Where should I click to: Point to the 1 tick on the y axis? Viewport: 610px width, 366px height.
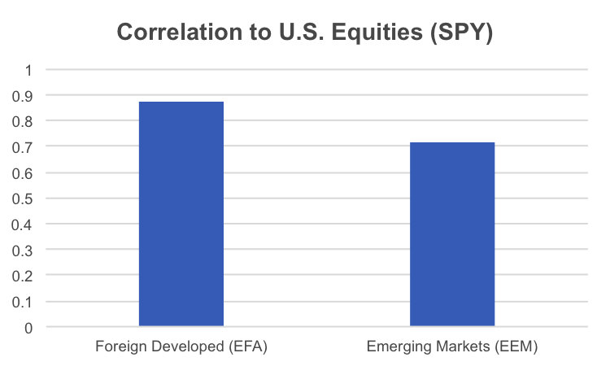(x=28, y=70)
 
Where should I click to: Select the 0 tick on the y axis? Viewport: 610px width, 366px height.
(x=28, y=328)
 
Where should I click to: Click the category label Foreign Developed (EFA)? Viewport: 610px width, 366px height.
(x=181, y=347)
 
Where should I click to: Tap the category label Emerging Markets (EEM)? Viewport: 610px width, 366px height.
(x=452, y=347)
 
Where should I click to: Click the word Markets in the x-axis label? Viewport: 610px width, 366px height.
(x=461, y=347)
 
